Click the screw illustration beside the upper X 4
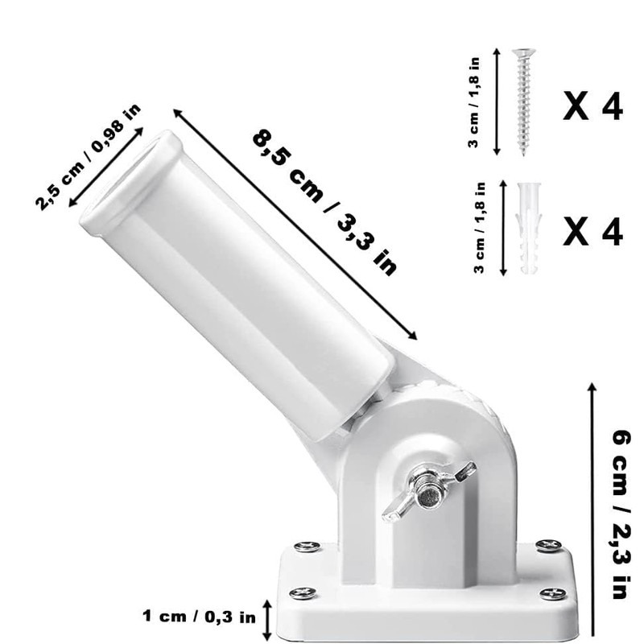click(523, 101)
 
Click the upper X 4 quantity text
click(592, 105)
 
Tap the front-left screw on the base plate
click(303, 593)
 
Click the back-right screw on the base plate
click(548, 546)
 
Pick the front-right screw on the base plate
click(552, 594)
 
